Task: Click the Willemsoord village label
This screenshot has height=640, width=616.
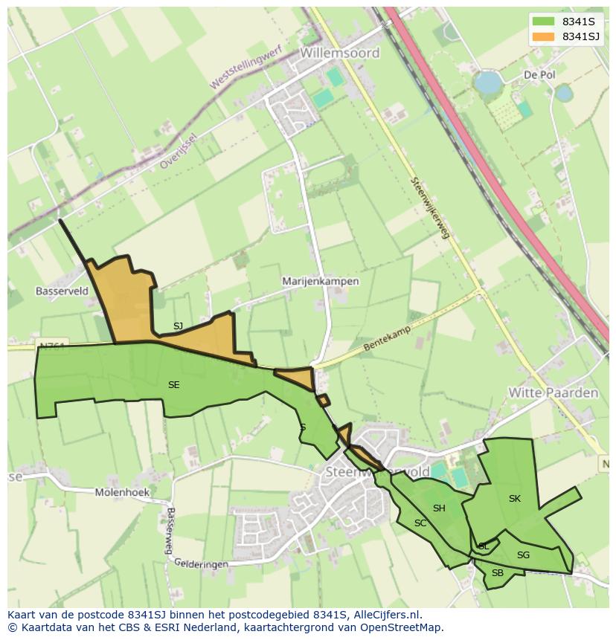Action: (340, 53)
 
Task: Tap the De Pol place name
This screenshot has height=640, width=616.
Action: (539, 75)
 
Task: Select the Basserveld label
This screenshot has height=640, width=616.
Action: (62, 291)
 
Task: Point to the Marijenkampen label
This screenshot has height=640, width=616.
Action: (321, 282)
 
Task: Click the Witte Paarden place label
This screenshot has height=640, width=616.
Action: (553, 392)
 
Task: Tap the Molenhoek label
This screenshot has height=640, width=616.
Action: (122, 492)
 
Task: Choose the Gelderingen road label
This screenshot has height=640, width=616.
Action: (202, 564)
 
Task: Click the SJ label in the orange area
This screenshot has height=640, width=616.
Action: (178, 326)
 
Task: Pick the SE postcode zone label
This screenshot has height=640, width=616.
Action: (173, 384)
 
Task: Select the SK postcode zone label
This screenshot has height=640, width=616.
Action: (514, 498)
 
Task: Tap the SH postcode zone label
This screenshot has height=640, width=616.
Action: (439, 508)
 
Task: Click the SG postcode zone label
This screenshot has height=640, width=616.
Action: (523, 555)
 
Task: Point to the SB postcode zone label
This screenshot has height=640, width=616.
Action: (498, 572)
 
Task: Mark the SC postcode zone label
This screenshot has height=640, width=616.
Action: (420, 523)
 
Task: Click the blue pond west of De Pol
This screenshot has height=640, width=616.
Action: (488, 82)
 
